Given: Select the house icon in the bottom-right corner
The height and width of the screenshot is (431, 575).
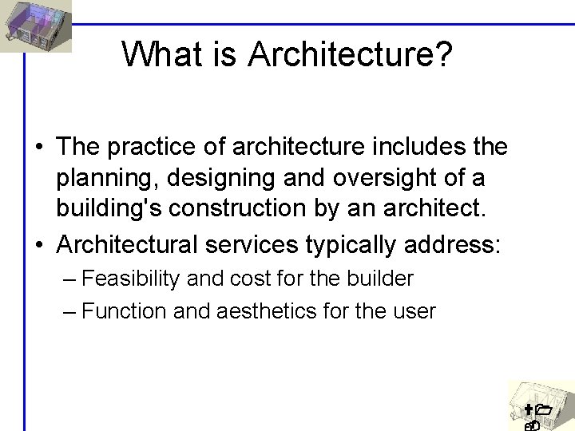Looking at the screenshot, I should [x=541, y=405].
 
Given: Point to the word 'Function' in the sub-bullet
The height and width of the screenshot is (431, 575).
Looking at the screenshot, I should [x=124, y=311].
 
